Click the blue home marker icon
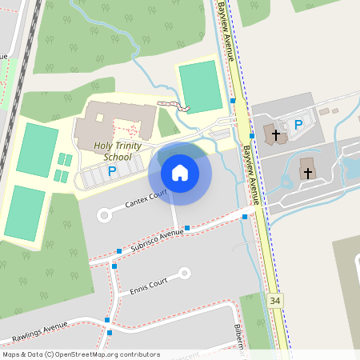pos(179,173)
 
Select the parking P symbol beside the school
pos(112,171)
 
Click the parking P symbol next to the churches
pos(298,124)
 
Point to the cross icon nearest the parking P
pos(276,134)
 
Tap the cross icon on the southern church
pos(307,171)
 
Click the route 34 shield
pos(275,300)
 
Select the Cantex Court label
pos(146,199)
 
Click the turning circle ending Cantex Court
pos(103,214)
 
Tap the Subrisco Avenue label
pos(157,240)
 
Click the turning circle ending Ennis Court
pos(185,273)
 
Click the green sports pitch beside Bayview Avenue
pos(198,86)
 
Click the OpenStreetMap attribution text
pos(81,354)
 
